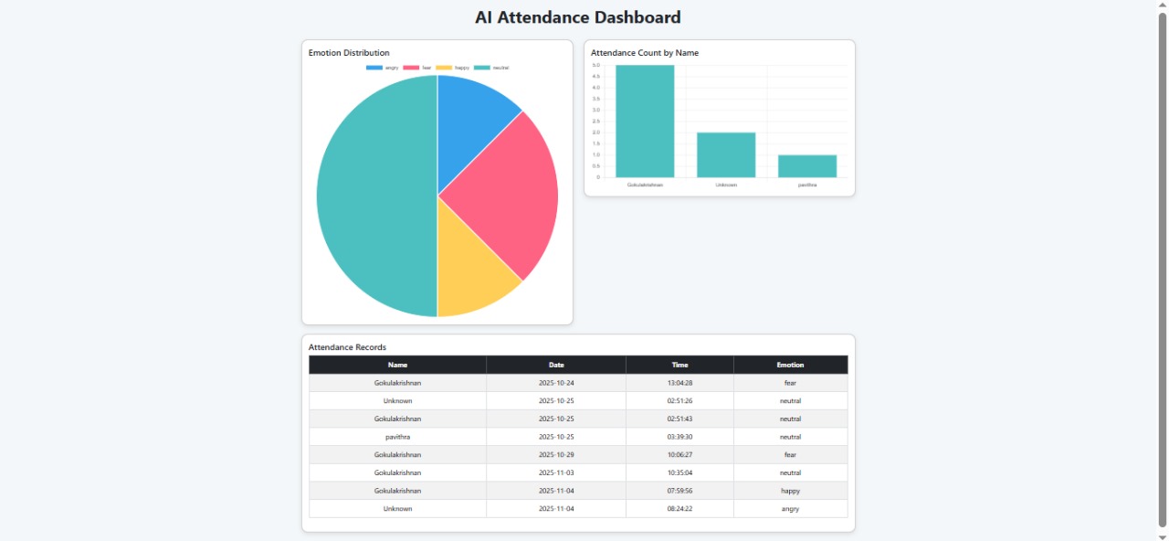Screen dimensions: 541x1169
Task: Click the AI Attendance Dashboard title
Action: tap(577, 17)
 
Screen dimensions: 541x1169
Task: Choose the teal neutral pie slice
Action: tap(374, 196)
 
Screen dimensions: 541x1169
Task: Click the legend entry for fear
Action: tap(417, 68)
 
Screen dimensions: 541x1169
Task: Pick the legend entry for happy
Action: tap(452, 68)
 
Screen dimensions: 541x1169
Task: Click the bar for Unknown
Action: tap(726, 154)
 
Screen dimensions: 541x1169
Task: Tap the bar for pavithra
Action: tap(807, 165)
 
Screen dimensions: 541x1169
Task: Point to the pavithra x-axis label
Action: tap(807, 185)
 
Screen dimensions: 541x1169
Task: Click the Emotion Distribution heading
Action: tap(349, 53)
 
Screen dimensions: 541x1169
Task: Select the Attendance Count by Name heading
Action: tap(645, 53)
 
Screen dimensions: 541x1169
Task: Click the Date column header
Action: tap(556, 365)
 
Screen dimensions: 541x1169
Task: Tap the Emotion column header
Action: tap(790, 365)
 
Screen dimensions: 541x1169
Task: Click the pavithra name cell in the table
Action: tap(397, 437)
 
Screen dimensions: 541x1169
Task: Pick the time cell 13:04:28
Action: tap(679, 383)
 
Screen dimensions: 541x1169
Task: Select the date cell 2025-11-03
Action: tap(556, 472)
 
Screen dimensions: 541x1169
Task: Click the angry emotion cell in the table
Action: tap(790, 509)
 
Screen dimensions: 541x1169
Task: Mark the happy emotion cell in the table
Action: tap(790, 491)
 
